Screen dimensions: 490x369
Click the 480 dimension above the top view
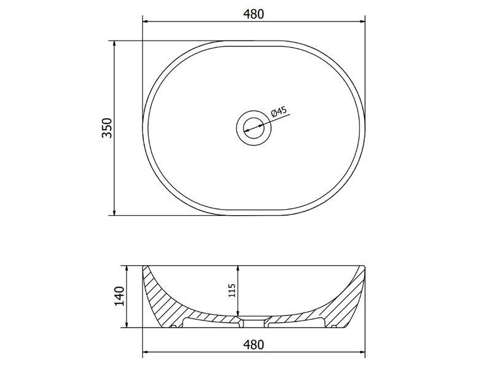click(x=254, y=14)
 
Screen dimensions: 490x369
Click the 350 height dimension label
click(x=107, y=128)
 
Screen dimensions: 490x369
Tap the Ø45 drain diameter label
click(x=279, y=111)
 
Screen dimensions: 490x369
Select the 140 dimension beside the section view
click(x=119, y=296)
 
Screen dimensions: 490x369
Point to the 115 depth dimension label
click(x=231, y=291)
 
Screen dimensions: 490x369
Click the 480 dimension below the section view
click(x=254, y=344)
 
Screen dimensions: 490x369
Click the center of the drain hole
click(x=254, y=128)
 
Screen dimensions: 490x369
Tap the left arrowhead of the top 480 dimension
click(x=145, y=22)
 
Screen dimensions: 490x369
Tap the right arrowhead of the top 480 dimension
click(x=362, y=22)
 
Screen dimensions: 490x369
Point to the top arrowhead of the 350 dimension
click(x=114, y=44)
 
